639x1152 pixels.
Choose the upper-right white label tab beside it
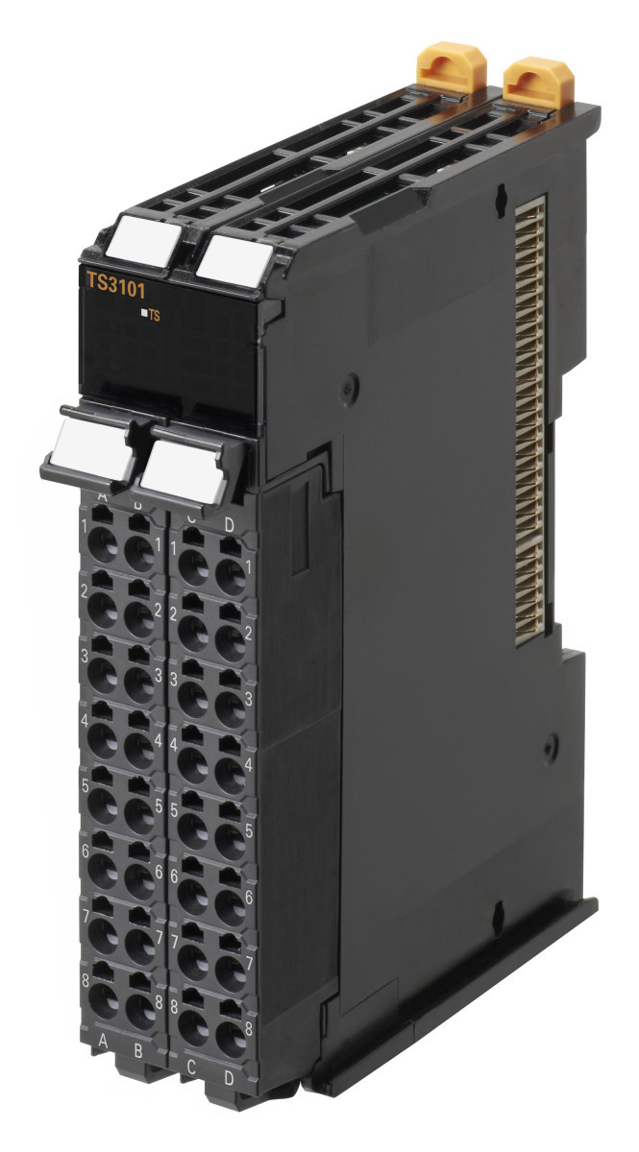[x=236, y=256]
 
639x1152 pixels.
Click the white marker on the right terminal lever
[x=184, y=468]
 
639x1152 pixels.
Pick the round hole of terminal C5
[x=193, y=829]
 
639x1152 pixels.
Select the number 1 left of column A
[x=86, y=526]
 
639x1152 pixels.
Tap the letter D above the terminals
[x=229, y=523]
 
